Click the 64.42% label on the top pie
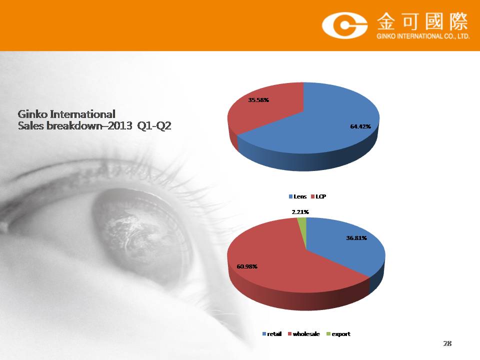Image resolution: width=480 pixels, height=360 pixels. pos(360,126)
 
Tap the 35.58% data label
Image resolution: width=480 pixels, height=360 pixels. pos(258,100)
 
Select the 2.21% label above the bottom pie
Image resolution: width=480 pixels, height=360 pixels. pos(300,212)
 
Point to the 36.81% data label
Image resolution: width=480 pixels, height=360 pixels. pos(356,238)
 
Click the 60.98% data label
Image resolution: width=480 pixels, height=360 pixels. pos(247,266)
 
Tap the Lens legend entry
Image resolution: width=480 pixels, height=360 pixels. pos(297,196)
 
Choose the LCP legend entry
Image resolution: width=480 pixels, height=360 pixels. pos(318,196)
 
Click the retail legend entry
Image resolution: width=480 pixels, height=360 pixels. pos(272,334)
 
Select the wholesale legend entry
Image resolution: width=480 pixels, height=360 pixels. pos(303,334)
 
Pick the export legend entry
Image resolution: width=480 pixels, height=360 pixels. pos(338,334)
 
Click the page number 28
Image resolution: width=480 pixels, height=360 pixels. pos(447,343)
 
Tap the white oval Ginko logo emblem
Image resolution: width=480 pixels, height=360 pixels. pos(344,25)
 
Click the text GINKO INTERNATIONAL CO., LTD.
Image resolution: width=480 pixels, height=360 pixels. pos(423,36)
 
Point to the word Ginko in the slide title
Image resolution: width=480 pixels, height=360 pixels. pos(32,114)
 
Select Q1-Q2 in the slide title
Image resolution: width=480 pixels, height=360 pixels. pos(154,126)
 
